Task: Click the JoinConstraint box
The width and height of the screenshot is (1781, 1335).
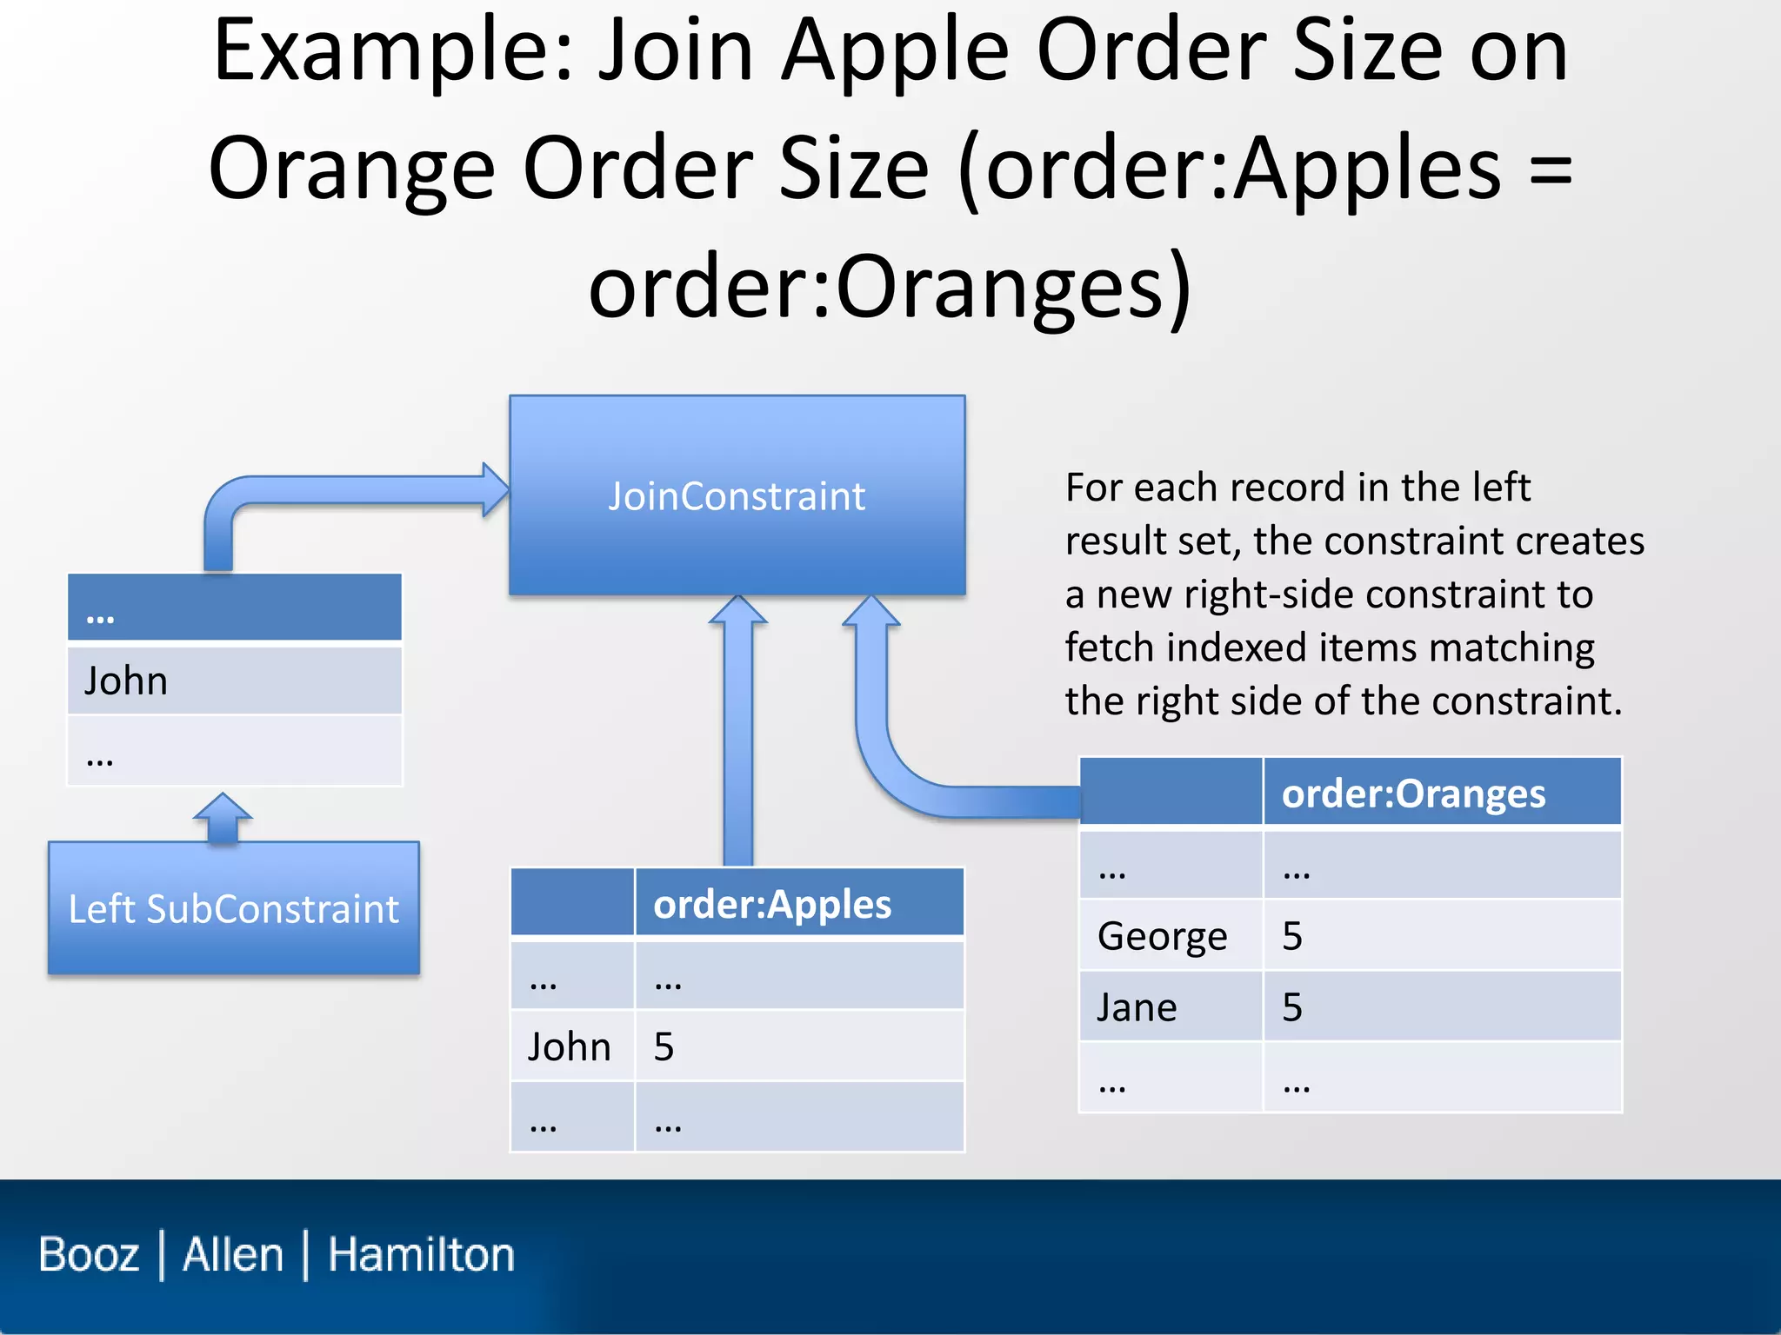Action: coord(737,495)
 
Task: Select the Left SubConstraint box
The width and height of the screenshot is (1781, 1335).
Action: coord(233,908)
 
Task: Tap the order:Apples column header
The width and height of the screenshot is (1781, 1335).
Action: coord(772,904)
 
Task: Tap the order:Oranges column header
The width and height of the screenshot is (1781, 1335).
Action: coord(1413,793)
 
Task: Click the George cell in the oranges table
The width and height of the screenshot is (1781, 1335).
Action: coord(1162,936)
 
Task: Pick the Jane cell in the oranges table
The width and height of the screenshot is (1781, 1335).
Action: coord(1137,1007)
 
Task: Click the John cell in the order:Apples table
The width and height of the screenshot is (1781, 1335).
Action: coord(570,1046)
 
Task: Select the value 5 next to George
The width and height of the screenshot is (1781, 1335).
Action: coord(1292,936)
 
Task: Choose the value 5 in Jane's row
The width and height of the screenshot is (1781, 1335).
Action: coord(1292,1007)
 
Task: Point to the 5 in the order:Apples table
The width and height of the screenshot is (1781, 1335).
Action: coord(664,1046)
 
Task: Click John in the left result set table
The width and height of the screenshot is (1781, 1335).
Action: coord(126,681)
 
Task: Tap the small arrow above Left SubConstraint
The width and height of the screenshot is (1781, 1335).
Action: coord(223,817)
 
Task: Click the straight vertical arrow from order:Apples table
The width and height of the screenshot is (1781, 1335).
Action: coord(738,739)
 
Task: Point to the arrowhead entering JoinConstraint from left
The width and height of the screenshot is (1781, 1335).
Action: coord(495,489)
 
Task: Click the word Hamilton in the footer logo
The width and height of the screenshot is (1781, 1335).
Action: coord(421,1254)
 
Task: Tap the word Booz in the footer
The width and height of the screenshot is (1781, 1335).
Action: coord(89,1254)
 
